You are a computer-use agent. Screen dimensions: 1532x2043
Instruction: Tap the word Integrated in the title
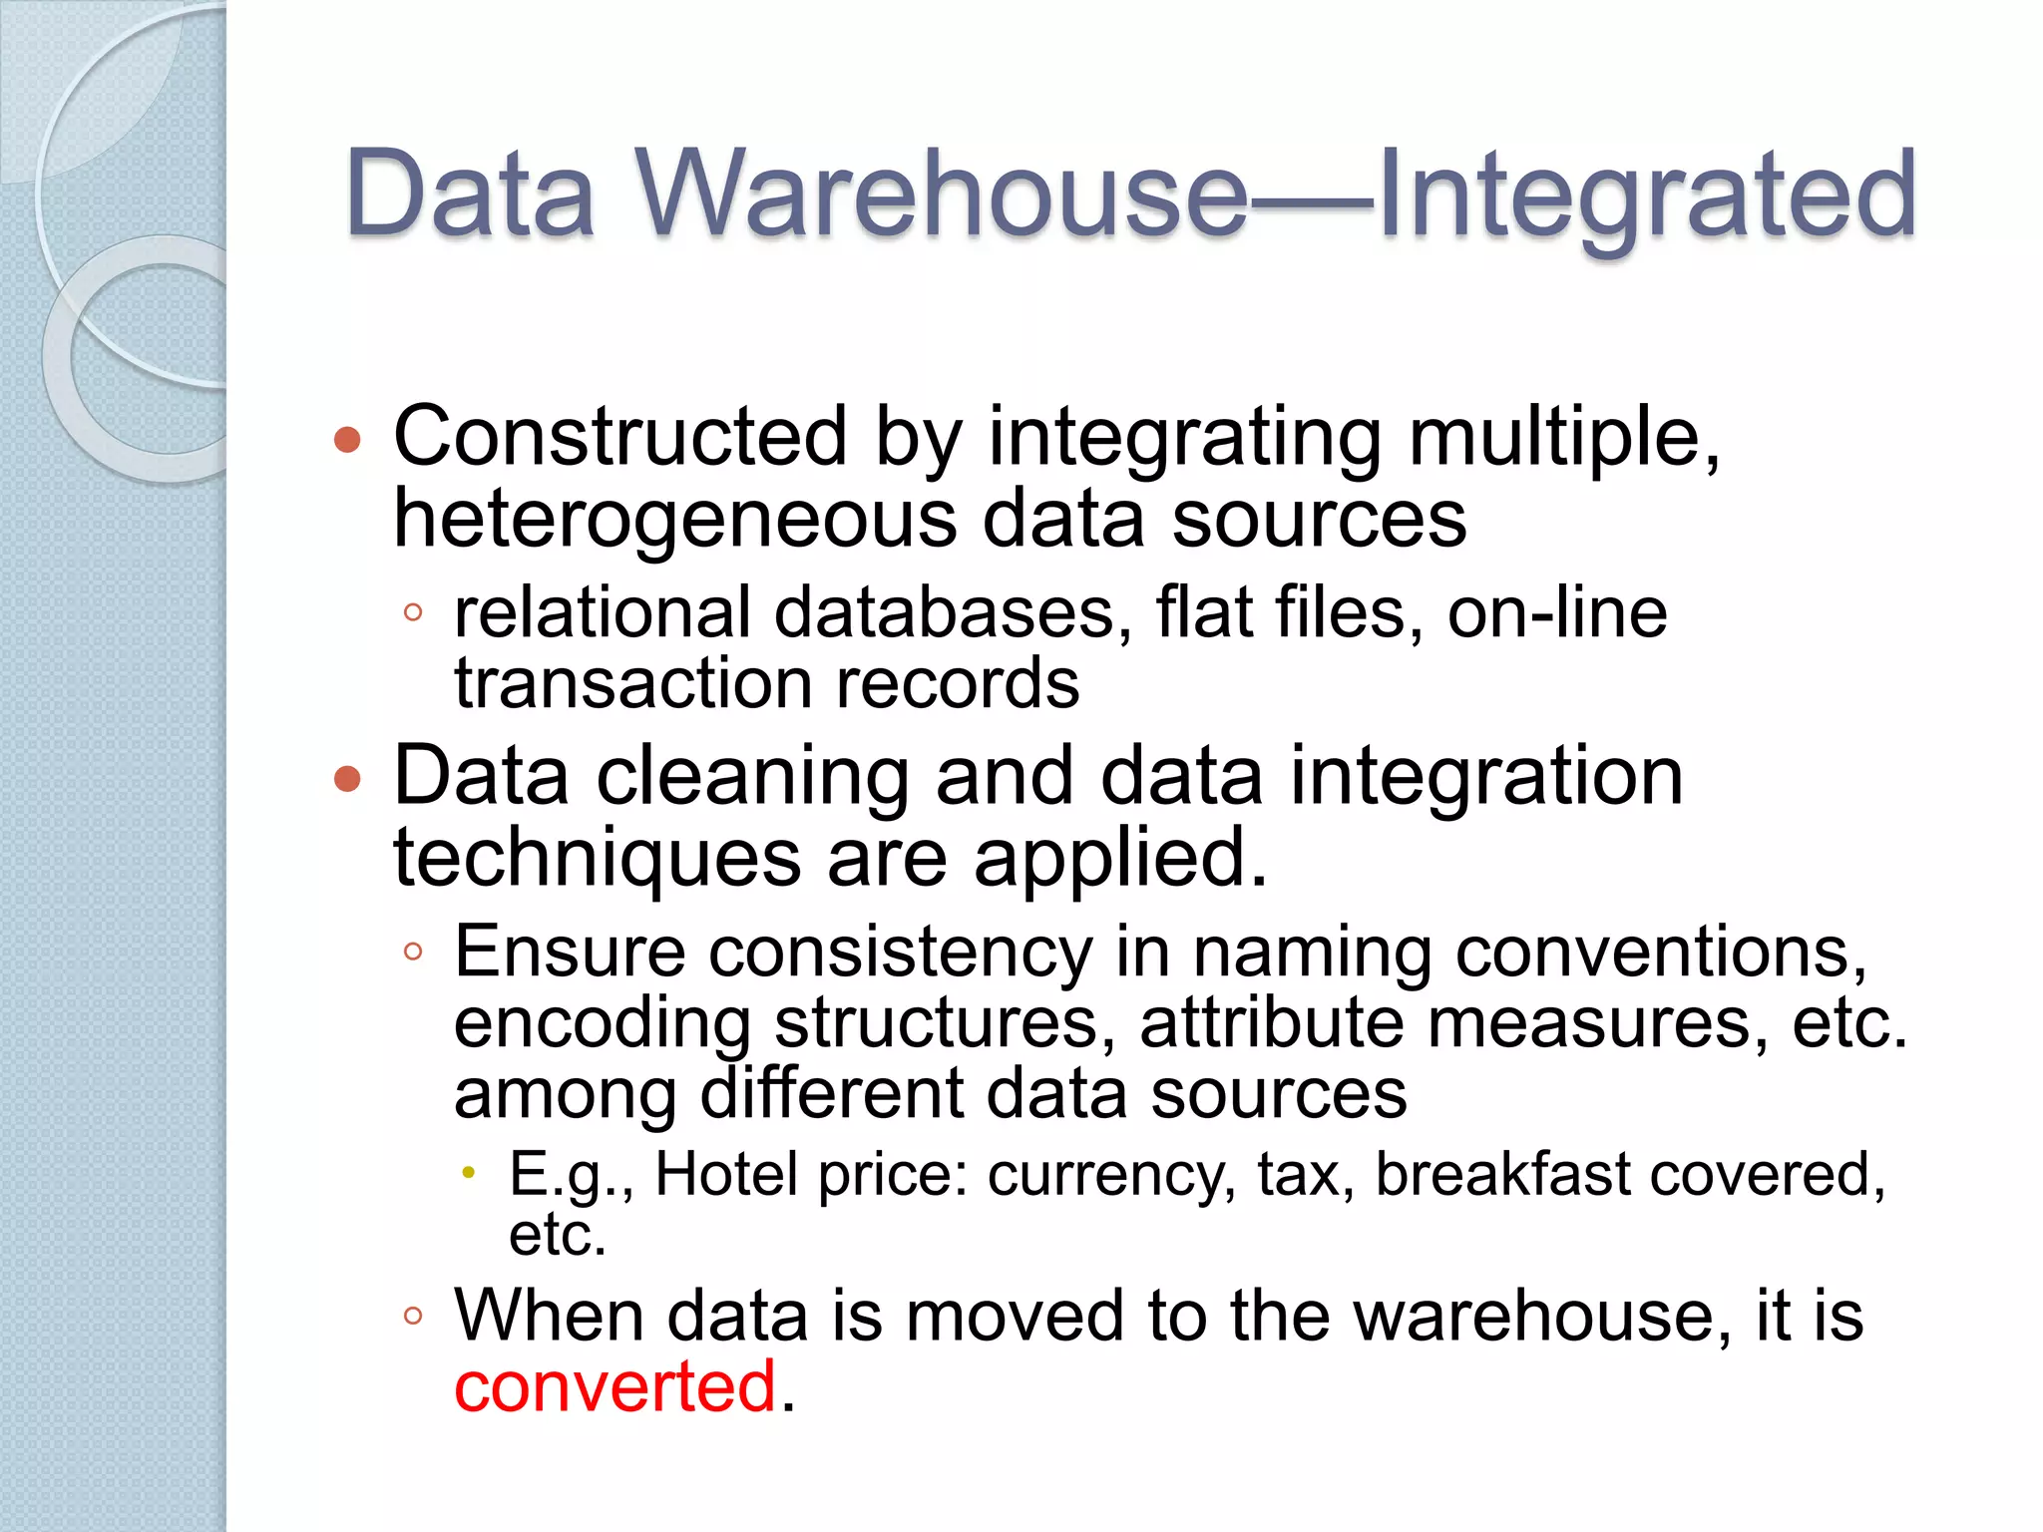(1646, 193)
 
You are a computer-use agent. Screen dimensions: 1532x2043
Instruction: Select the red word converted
(614, 1386)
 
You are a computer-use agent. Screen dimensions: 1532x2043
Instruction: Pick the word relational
(603, 612)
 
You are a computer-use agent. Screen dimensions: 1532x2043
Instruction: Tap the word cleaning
(752, 778)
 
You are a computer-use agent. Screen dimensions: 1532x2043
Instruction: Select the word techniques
(597, 858)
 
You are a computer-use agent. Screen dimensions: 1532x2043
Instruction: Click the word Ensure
(570, 952)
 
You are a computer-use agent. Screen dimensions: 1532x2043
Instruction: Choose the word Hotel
(727, 1174)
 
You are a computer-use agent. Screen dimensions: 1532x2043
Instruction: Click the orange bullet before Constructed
(347, 439)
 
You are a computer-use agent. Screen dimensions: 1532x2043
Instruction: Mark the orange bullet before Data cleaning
(347, 779)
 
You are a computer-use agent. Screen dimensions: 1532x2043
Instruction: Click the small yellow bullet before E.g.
(468, 1173)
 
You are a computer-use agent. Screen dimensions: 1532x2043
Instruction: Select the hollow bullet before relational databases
(413, 612)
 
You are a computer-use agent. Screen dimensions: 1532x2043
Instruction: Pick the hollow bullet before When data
(413, 1316)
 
